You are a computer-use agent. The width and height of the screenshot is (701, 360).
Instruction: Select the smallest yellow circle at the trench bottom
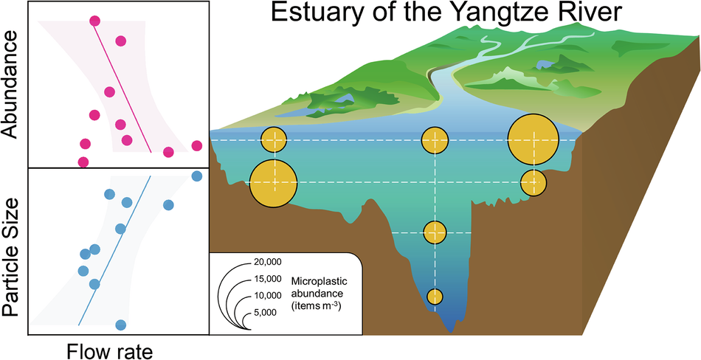pyautogui.click(x=435, y=297)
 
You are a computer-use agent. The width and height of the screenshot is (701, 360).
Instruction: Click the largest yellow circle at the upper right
pyautogui.click(x=532, y=139)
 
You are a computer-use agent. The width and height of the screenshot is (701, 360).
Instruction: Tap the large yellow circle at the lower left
pyautogui.click(x=273, y=182)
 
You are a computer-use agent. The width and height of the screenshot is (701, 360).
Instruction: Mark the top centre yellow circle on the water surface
pyautogui.click(x=435, y=139)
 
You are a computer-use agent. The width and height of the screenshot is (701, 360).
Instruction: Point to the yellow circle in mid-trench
pyautogui.click(x=435, y=232)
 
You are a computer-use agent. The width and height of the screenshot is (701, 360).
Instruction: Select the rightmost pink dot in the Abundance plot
pyautogui.click(x=196, y=145)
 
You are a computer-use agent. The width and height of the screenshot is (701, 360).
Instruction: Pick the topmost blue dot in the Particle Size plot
pyautogui.click(x=196, y=176)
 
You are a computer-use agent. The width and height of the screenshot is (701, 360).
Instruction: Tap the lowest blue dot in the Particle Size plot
pyautogui.click(x=121, y=325)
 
